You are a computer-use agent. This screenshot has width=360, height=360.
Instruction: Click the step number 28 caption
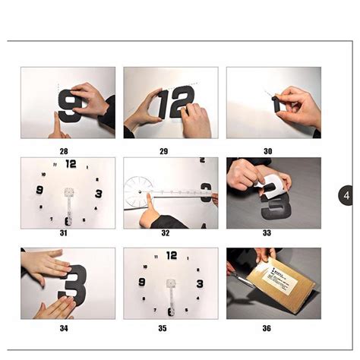click(x=64, y=151)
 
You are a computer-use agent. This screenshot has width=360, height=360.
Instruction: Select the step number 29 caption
click(x=163, y=151)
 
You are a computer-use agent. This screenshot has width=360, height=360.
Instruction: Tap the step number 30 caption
click(x=267, y=151)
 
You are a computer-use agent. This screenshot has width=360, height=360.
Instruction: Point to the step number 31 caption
click(x=64, y=233)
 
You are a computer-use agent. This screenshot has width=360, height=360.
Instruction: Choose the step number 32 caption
click(x=165, y=233)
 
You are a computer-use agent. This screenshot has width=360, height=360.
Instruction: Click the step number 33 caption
click(x=267, y=233)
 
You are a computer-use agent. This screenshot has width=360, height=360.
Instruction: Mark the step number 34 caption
click(x=64, y=329)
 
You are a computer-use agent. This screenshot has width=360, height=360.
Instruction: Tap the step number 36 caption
click(x=267, y=329)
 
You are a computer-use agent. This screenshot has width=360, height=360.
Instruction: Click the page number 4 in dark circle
click(x=346, y=196)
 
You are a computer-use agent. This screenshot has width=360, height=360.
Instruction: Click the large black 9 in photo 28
click(x=71, y=106)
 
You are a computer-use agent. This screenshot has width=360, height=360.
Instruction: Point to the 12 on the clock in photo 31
click(x=71, y=163)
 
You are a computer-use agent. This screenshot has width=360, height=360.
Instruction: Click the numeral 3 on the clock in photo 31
click(x=98, y=194)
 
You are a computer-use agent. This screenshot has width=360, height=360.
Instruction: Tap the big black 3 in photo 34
click(x=74, y=282)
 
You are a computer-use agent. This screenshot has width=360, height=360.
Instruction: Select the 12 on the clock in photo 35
click(x=172, y=255)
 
